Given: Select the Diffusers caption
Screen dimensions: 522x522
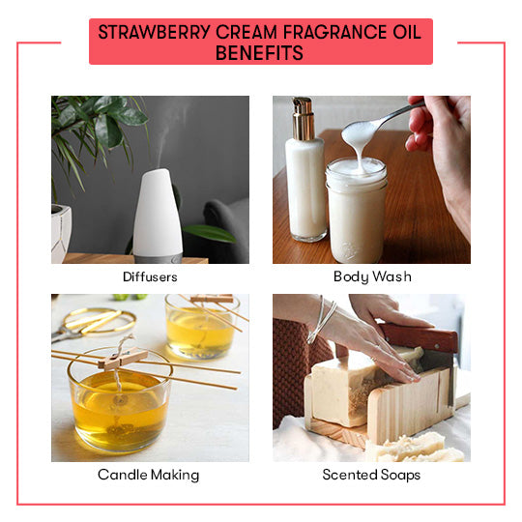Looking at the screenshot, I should (x=150, y=276).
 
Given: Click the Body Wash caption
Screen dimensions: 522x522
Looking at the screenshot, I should (x=372, y=276).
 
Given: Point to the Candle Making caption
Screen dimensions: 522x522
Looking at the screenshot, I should (x=149, y=475).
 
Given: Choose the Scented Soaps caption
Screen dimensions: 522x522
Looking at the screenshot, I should (x=371, y=475).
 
